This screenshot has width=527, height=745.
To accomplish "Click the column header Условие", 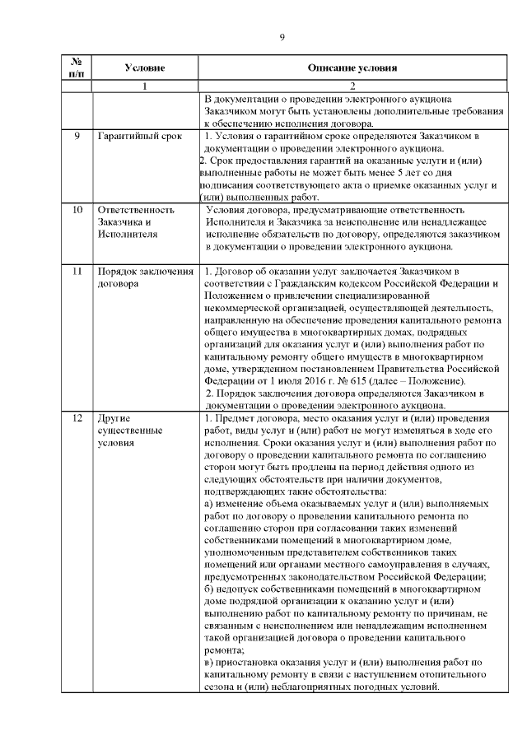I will pyautogui.click(x=145, y=68).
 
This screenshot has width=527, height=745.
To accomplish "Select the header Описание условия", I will pyautogui.click(x=352, y=68).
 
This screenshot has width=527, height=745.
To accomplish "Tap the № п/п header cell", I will pyautogui.click(x=76, y=68).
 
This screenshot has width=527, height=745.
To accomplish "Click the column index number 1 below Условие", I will pyautogui.click(x=145, y=86).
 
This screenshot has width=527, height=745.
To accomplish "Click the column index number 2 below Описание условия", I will pyautogui.click(x=352, y=86).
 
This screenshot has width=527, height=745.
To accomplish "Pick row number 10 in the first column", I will pyautogui.click(x=76, y=210).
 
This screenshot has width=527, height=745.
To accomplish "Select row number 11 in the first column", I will pyautogui.click(x=76, y=272).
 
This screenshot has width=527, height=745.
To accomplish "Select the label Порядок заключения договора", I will pyautogui.click(x=144, y=277).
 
